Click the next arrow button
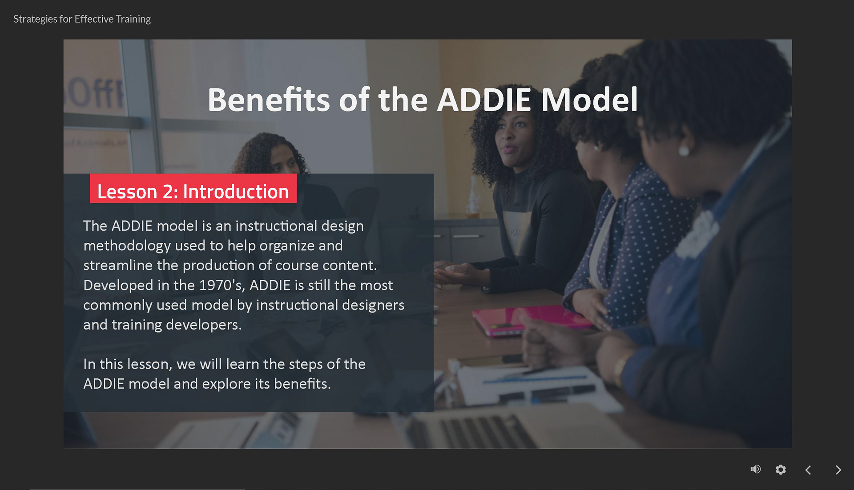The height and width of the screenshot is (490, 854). (x=838, y=470)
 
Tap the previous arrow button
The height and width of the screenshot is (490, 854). (x=808, y=470)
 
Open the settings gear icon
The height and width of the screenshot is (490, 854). (x=781, y=470)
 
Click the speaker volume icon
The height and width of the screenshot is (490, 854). (x=755, y=469)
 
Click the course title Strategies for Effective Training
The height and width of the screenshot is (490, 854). (x=82, y=19)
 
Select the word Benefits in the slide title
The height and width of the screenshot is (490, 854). (x=268, y=100)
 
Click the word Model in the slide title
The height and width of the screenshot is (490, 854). (x=589, y=100)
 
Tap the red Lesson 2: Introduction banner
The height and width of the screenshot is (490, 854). (x=193, y=189)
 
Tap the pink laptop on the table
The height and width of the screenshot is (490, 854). (x=529, y=320)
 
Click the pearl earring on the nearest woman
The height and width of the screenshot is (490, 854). (x=684, y=151)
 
